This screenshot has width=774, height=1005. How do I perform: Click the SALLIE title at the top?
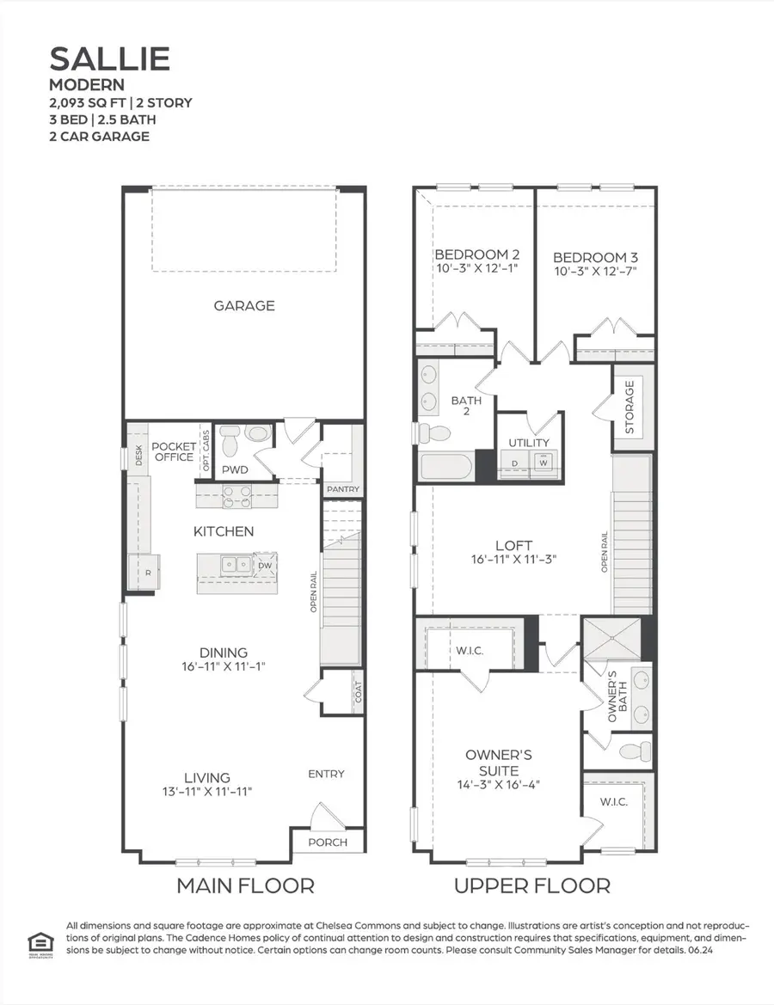point(109,58)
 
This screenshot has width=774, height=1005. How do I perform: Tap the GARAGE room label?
point(244,305)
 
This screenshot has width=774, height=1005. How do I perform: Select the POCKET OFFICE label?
point(174,452)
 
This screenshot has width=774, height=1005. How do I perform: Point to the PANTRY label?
point(343,489)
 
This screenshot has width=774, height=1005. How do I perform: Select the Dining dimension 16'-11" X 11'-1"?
point(224,667)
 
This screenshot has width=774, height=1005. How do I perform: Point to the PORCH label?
point(328,842)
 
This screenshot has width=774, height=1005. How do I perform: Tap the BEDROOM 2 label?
point(476,254)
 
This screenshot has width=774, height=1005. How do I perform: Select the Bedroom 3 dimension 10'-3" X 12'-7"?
point(595,272)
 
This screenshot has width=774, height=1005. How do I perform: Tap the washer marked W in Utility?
point(544,462)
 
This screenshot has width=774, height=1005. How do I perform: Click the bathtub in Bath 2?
point(445,468)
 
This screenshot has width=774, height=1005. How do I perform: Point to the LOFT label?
point(513,545)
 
